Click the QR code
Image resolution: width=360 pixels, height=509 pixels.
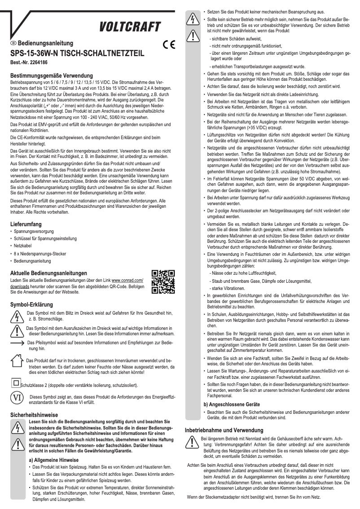click(x=163, y=282)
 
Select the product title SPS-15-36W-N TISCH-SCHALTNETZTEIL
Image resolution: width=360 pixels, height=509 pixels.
click(x=77, y=53)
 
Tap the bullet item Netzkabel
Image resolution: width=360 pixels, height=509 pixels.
click(x=23, y=246)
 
